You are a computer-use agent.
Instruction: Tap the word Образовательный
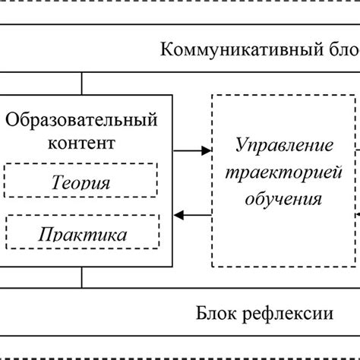[x=82, y=120]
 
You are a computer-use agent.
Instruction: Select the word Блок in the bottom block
[x=217, y=314]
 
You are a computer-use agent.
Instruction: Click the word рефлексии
[x=289, y=314]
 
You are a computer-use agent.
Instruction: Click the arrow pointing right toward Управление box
[x=192, y=151]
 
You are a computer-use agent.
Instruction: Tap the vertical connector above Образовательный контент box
[x=82, y=84]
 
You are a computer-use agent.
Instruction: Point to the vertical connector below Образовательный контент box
[x=82, y=278]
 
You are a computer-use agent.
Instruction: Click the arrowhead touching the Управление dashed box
[x=206, y=151]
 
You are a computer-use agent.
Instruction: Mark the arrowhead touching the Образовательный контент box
[x=179, y=216]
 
